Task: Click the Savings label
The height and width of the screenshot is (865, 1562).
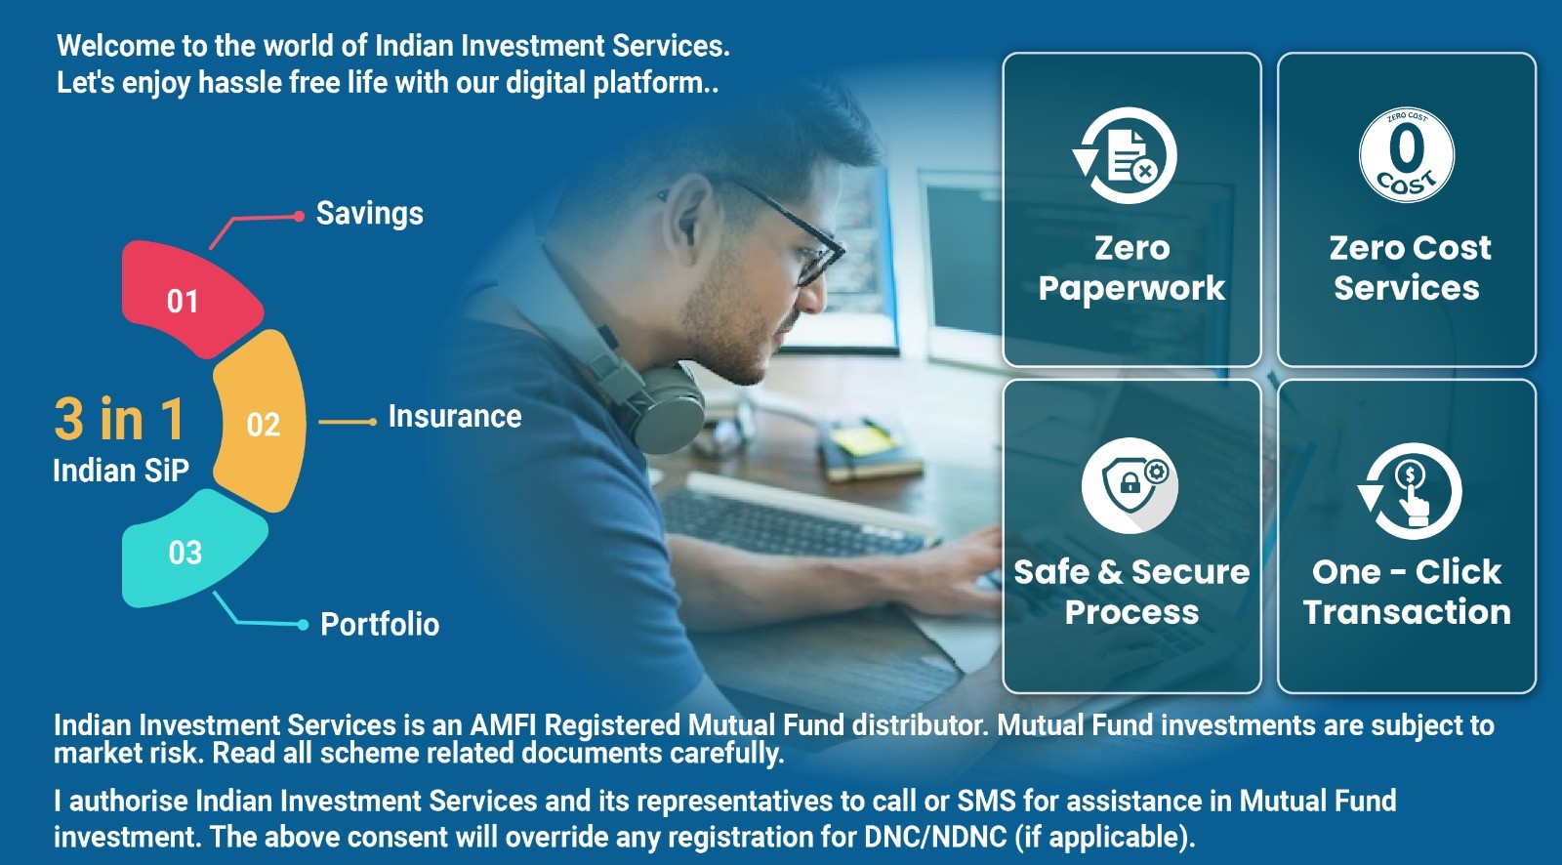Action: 370,214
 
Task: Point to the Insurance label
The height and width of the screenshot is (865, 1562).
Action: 455,417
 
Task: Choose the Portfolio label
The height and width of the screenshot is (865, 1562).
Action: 380,624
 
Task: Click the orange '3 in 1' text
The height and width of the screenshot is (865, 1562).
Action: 120,419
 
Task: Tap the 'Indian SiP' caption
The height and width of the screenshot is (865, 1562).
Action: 121,471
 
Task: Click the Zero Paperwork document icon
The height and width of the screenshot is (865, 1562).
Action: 1125,155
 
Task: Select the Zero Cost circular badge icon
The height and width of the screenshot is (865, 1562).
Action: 1407,155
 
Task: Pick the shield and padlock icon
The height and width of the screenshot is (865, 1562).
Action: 1130,485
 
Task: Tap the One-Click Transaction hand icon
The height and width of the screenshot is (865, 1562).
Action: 1409,491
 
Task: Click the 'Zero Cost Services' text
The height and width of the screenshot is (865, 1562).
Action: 1408,268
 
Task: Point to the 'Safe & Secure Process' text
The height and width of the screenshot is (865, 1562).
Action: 1131,592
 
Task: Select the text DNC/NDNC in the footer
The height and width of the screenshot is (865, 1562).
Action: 935,837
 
